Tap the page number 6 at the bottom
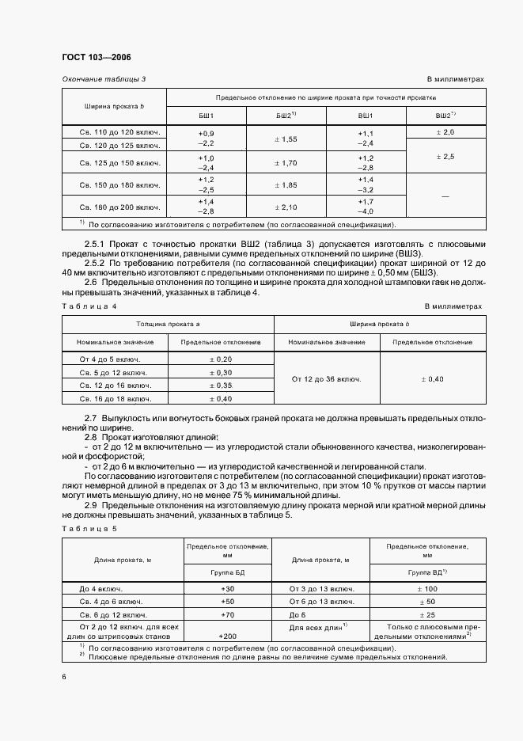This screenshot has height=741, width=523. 64,675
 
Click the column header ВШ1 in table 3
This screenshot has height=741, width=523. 365,116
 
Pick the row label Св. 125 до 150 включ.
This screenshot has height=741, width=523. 120,163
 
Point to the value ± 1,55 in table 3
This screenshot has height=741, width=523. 285,139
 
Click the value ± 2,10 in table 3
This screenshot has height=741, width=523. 285,207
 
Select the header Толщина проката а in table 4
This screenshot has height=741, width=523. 168,324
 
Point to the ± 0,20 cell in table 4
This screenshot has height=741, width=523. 221,359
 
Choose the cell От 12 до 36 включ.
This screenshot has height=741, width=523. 326,378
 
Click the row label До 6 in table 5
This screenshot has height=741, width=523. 298,614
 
